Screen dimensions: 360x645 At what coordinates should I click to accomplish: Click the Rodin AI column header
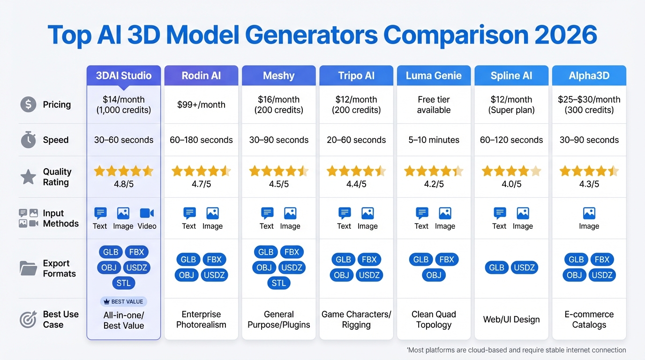[201, 75]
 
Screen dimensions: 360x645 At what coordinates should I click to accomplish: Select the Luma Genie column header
[434, 75]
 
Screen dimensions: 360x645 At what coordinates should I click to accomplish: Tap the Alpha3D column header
[589, 75]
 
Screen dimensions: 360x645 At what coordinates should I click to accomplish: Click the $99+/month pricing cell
[201, 105]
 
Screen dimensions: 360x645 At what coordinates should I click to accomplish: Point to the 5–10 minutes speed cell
[434, 140]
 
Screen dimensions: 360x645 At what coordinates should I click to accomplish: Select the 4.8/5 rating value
[124, 184]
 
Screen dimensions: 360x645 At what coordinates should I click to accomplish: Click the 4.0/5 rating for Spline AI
[511, 184]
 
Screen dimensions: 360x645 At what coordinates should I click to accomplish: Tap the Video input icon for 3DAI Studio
[147, 214]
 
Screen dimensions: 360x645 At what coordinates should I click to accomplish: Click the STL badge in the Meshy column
[279, 283]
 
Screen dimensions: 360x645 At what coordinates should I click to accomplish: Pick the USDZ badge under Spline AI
[524, 268]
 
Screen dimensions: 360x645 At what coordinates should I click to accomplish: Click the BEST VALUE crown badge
[124, 302]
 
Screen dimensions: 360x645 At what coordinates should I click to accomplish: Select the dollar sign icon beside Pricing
[28, 105]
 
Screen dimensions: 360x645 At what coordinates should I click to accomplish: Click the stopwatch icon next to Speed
[28, 140]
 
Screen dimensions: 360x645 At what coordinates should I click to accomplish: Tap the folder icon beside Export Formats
[28, 268]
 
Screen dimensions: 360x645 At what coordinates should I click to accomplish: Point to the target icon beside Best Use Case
[28, 320]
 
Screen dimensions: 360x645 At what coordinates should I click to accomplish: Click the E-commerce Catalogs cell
[589, 320]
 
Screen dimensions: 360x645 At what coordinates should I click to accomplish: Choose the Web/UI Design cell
[511, 320]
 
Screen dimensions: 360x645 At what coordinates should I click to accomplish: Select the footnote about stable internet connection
[516, 350]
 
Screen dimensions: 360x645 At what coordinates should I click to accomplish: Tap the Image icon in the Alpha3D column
[589, 214]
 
